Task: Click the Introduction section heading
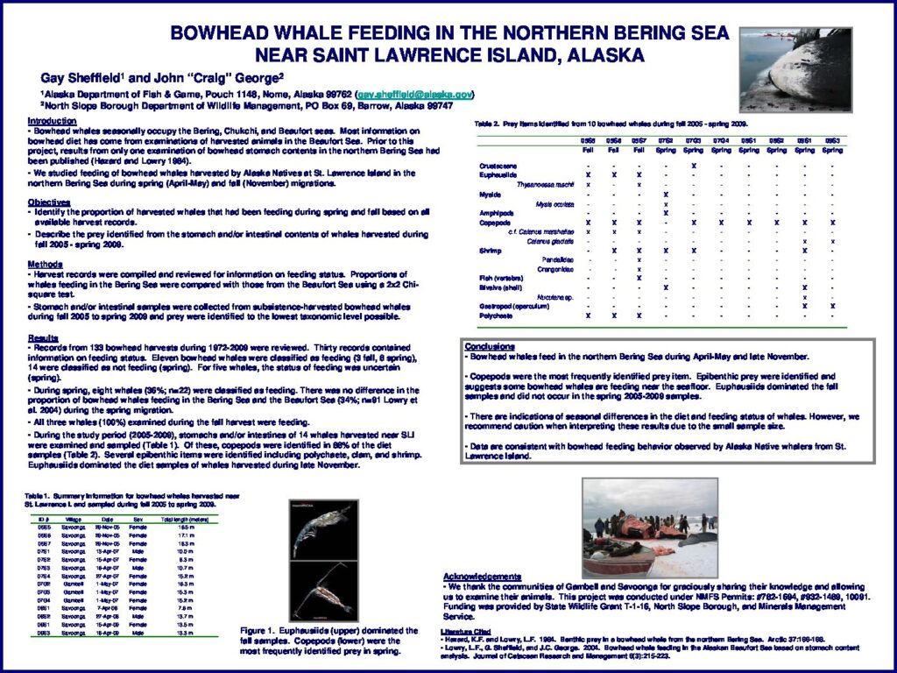pyautogui.click(x=52, y=121)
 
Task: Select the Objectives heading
pyautogui.click(x=49, y=202)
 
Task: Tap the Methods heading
pyautogui.click(x=45, y=264)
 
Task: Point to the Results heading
pyautogui.click(x=43, y=336)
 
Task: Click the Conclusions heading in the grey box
pyautogui.click(x=490, y=346)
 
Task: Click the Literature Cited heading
pyautogui.click(x=467, y=631)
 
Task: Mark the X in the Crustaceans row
pyautogui.click(x=693, y=166)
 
